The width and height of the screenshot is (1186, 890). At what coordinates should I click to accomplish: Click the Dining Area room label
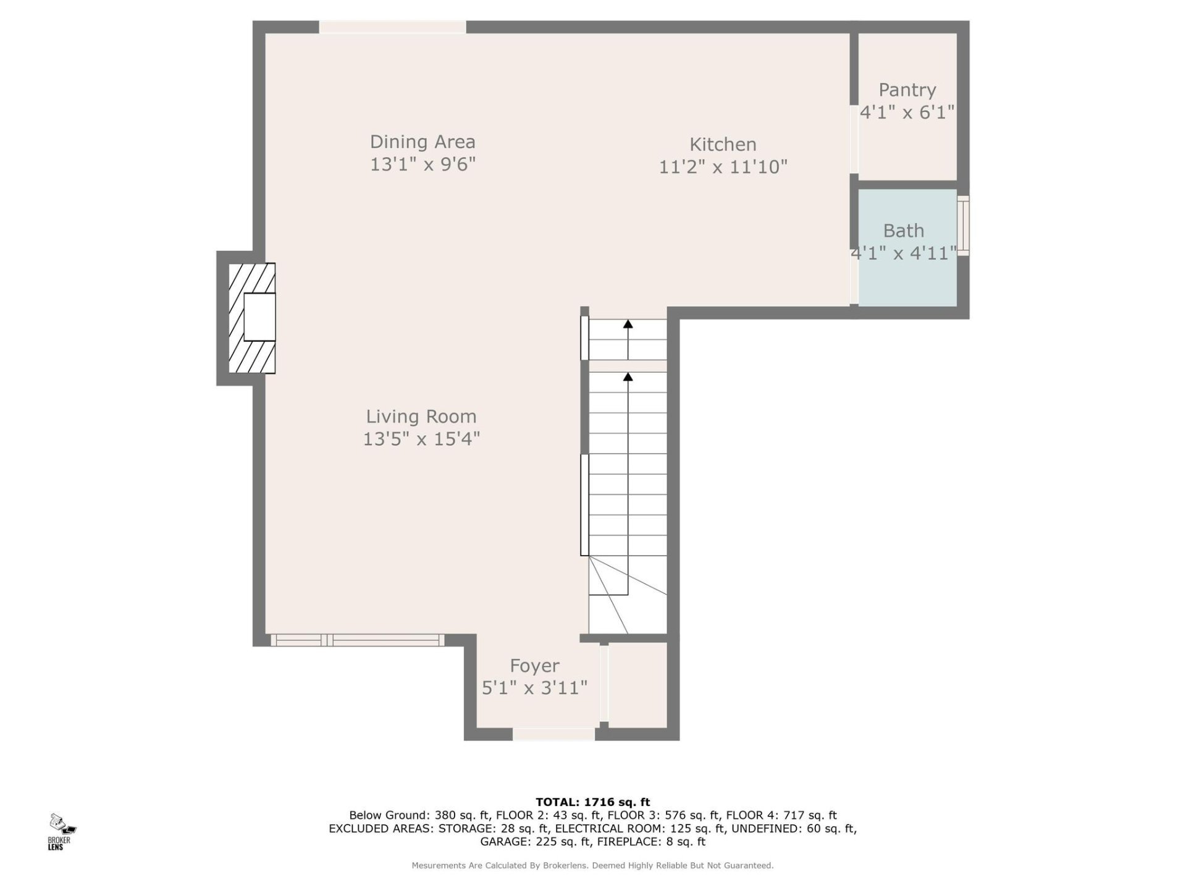(423, 142)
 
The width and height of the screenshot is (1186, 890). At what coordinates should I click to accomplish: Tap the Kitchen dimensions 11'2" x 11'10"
(723, 167)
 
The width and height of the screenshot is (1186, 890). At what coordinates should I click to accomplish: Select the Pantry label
(907, 90)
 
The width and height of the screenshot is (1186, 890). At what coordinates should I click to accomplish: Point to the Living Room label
(421, 417)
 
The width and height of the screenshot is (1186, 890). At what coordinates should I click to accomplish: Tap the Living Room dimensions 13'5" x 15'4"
(421, 439)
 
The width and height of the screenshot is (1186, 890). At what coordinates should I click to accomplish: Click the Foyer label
(534, 666)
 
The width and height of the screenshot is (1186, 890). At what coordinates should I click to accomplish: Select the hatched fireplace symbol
(251, 318)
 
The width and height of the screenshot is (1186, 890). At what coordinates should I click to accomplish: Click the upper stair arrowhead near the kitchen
(628, 324)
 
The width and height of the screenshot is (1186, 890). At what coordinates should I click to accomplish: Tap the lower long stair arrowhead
(628, 376)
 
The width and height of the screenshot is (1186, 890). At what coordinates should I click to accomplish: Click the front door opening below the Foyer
(553, 734)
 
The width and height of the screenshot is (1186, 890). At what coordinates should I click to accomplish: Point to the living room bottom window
(357, 640)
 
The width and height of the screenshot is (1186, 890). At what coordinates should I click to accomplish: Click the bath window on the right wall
(963, 226)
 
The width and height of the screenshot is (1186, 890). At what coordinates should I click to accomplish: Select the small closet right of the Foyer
(637, 685)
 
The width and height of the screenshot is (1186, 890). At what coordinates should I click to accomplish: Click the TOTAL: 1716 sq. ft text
(592, 802)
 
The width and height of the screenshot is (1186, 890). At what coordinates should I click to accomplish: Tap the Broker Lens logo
(61, 831)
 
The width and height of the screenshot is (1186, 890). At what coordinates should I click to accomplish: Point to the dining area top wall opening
(392, 27)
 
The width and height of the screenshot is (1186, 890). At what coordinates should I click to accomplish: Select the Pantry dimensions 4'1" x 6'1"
(907, 112)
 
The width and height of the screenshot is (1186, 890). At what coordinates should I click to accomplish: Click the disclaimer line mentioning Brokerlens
(592, 866)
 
